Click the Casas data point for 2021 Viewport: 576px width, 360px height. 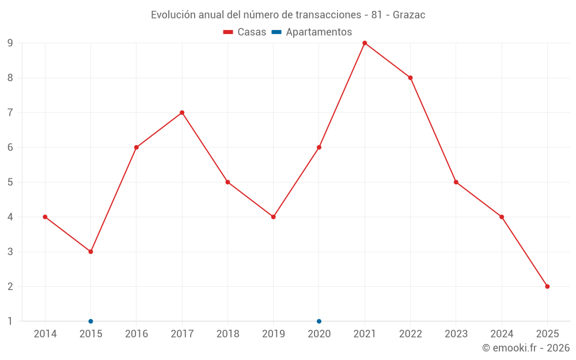coord(365,43)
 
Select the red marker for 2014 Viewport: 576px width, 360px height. coord(45,217)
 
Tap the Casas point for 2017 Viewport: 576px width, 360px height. coord(182,113)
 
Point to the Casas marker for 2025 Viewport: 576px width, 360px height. coord(547,286)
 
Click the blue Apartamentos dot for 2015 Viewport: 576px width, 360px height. coord(90,321)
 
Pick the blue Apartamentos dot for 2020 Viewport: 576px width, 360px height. coord(319,321)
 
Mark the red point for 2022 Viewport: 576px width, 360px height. coord(410,78)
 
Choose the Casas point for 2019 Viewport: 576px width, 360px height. coord(273,217)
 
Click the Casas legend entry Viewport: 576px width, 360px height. coord(245,32)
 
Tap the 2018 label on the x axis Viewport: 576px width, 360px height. coord(228,334)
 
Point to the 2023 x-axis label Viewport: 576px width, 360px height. coord(456,334)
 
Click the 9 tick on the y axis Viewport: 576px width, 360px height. coord(10,43)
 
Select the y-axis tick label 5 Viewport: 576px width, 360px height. coord(10,182)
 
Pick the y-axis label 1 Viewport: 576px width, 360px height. coord(10,321)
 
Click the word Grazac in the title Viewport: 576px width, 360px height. coord(409,15)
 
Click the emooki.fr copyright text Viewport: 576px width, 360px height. coord(526,348)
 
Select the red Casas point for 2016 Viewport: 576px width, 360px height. coord(137,147)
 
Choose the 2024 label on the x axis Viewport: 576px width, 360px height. coord(502,334)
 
